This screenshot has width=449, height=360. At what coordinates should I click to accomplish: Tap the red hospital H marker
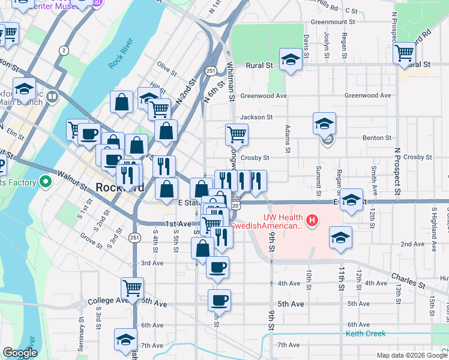pos(312,221)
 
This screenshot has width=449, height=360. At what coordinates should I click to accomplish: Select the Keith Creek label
pos(365,333)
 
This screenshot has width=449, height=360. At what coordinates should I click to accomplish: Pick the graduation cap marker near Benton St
pos(324,124)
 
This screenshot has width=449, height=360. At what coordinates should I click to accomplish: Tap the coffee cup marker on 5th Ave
pos(219,300)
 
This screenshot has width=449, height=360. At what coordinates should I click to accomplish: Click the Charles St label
pos(408,279)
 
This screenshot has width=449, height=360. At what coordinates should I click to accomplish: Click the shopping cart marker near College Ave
pos(131,288)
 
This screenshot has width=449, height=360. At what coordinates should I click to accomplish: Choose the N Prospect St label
pos(397,166)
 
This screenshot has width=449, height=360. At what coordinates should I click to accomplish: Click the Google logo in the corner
pos(20,353)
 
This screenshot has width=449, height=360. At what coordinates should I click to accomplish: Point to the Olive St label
pos(167,68)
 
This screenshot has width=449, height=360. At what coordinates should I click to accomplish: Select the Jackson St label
pos(256,118)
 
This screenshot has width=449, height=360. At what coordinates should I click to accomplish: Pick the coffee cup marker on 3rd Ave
pos(217,267)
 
